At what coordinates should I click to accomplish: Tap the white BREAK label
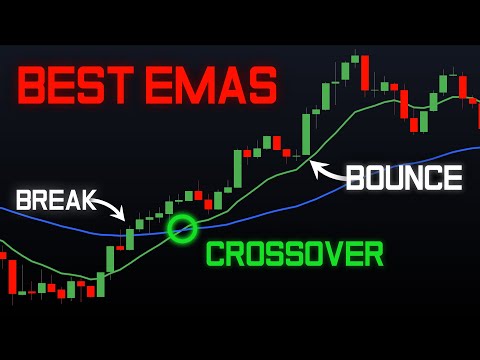[56, 198]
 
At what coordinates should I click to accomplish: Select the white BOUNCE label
[404, 178]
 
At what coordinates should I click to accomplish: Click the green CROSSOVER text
[295, 254]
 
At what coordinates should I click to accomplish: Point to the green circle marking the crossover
[182, 229]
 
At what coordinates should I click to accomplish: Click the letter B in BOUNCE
[355, 178]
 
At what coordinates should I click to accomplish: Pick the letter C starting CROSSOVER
[216, 254]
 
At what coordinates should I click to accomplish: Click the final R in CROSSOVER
[373, 254]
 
